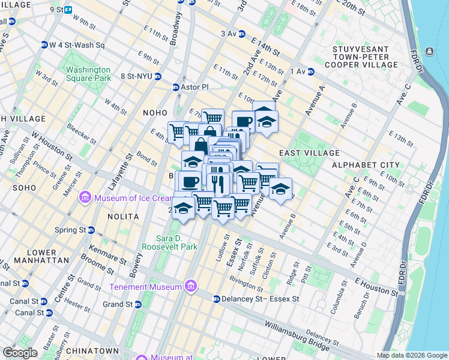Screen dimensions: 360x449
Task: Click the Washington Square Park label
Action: point(88,74)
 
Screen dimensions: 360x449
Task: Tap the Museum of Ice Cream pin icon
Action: point(85,197)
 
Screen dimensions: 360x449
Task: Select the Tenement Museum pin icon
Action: point(191,286)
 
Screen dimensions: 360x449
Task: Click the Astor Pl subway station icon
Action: point(176,87)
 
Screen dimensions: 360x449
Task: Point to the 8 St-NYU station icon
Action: point(157,76)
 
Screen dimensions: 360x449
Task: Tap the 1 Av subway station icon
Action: point(311,72)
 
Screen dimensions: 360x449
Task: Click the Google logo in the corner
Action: point(20,353)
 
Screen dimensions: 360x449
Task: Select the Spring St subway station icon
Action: point(91,230)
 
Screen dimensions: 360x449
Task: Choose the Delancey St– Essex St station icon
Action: point(215,299)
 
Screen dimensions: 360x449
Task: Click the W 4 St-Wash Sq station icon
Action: point(44,45)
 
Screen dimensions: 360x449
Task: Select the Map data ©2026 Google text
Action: point(412,355)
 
